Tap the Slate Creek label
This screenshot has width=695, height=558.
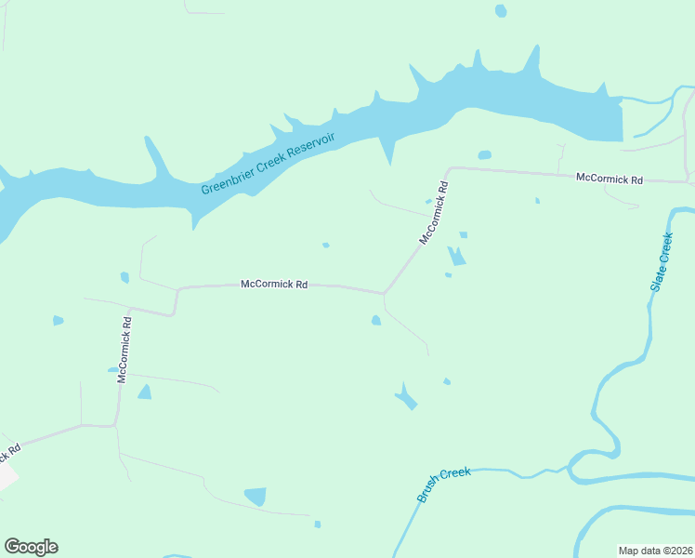(x=661, y=264)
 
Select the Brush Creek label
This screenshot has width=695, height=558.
(x=444, y=485)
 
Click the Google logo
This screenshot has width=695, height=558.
(x=31, y=547)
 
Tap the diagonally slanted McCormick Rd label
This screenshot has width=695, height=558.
(x=434, y=213)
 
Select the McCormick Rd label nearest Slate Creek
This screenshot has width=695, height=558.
(x=610, y=177)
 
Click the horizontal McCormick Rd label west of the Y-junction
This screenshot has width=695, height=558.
(x=274, y=284)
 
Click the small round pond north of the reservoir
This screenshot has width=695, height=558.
(x=501, y=11)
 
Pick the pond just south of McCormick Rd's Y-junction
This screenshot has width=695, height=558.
(x=375, y=321)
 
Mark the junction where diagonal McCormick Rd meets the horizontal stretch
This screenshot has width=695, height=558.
(x=384, y=293)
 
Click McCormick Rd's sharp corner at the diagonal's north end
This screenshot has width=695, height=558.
(x=450, y=169)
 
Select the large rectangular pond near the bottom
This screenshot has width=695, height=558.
(x=255, y=497)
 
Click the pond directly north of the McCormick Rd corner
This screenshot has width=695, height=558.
(x=484, y=154)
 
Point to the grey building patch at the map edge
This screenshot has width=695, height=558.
(x=7, y=475)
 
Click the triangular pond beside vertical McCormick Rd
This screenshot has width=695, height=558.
(x=144, y=392)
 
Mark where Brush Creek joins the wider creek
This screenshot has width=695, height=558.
(x=570, y=471)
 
